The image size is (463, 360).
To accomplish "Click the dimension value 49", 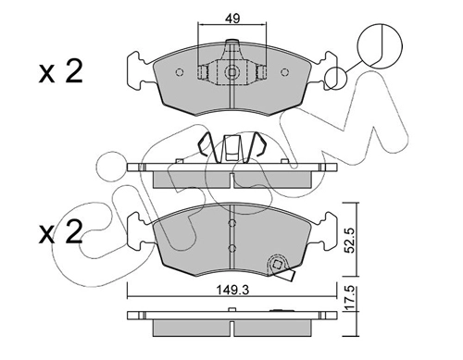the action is click(x=232, y=19).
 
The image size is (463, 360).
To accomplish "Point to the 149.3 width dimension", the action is click(x=232, y=290).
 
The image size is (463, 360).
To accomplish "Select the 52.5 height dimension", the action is click(x=349, y=240).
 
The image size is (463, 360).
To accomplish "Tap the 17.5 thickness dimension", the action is click(x=349, y=298).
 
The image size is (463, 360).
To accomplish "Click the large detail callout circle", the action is click(x=380, y=45).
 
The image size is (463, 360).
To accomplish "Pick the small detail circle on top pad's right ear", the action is click(x=336, y=79).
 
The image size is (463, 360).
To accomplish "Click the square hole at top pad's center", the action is click(x=231, y=72).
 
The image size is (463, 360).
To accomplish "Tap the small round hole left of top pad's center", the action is click(x=180, y=72).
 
